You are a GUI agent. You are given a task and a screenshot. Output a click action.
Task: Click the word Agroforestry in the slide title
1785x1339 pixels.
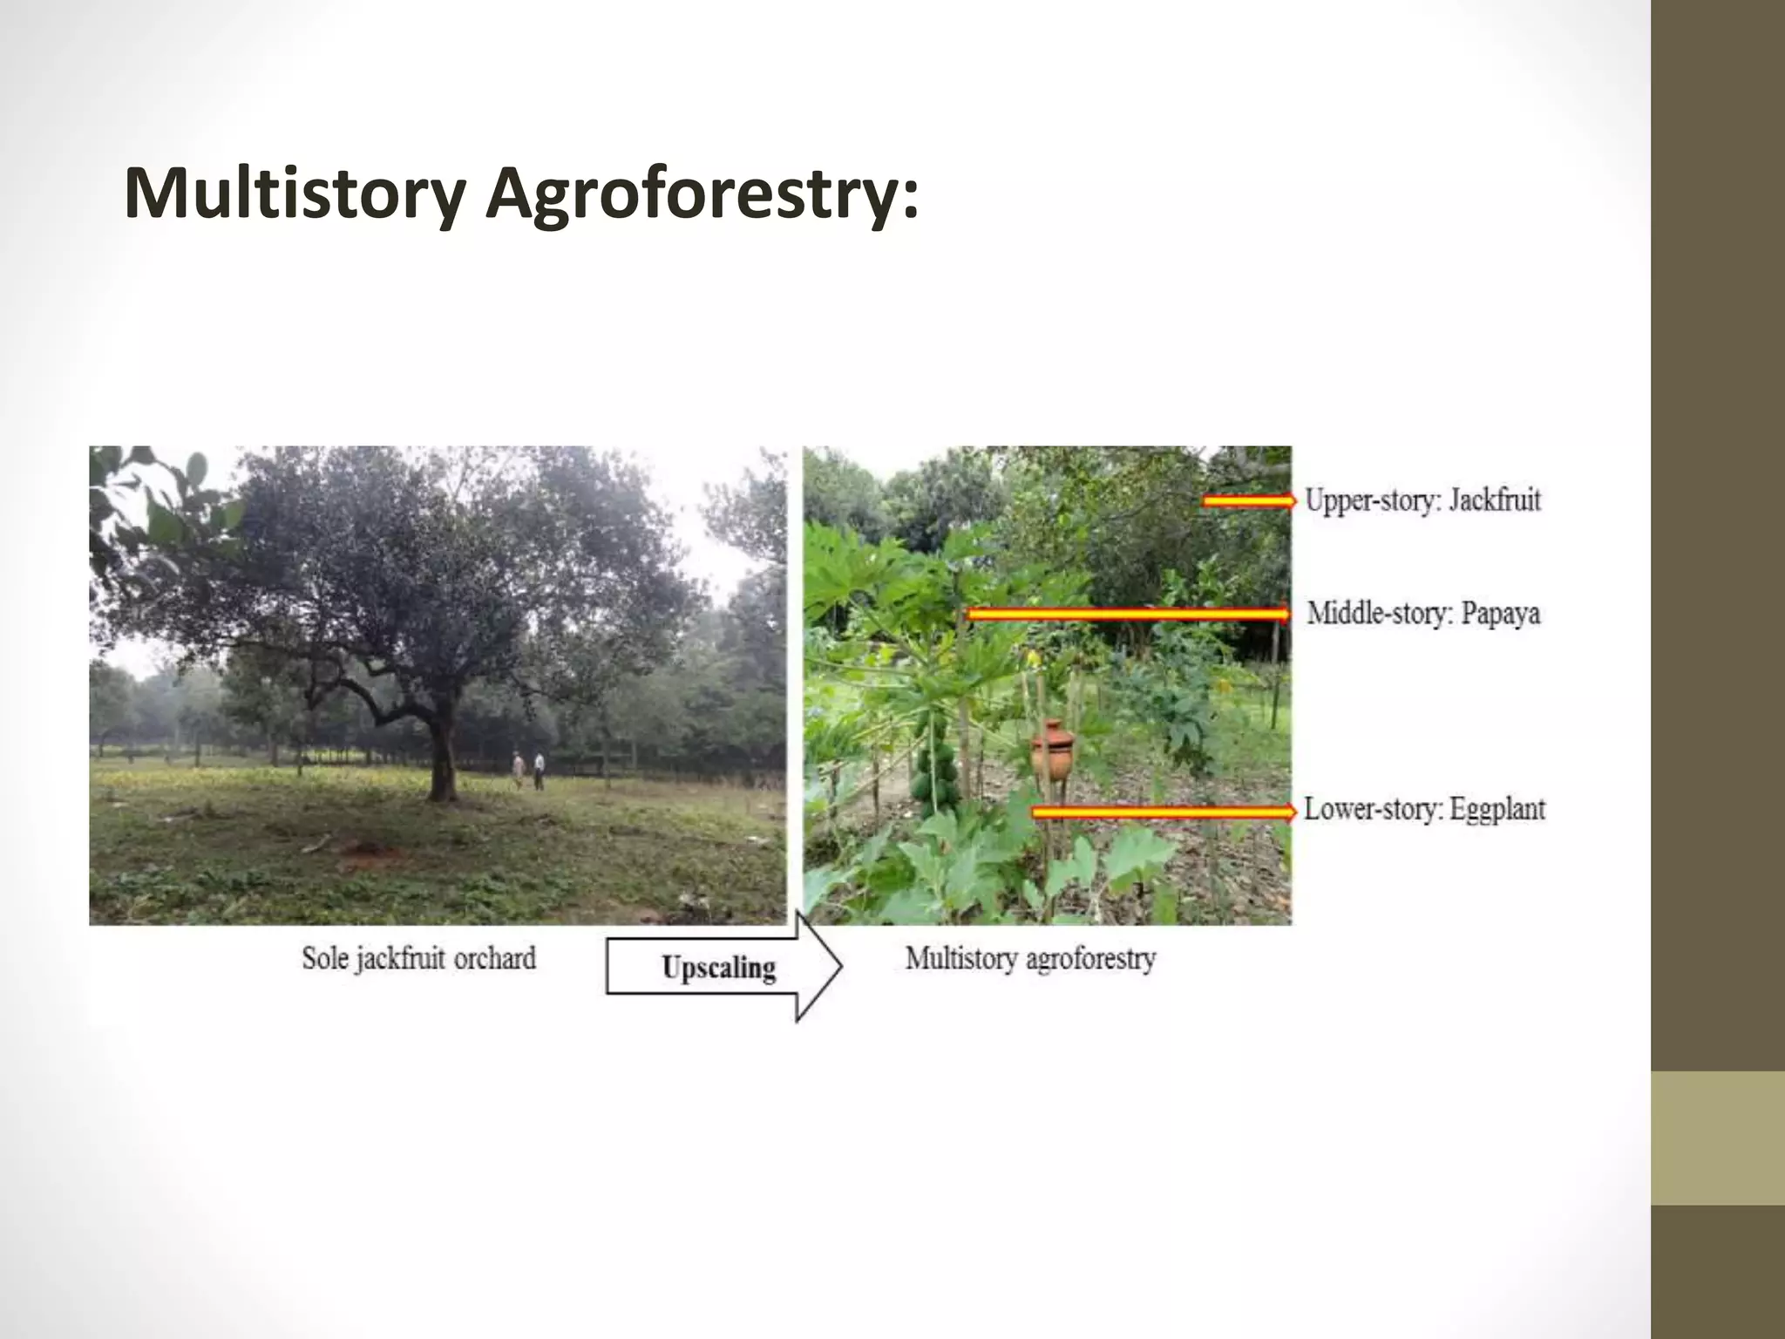702,194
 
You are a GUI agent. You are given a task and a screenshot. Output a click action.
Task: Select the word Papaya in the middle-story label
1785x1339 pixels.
1500,613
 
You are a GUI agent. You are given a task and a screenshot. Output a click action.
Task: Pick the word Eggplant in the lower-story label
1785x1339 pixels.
1497,810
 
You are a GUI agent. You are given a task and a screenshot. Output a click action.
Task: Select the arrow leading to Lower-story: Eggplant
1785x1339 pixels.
1164,812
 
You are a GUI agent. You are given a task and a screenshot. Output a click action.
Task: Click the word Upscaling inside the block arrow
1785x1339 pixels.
718,968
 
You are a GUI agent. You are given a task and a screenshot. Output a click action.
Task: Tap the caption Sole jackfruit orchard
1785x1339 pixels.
418,959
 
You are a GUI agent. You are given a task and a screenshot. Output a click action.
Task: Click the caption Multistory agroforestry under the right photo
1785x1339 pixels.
1030,959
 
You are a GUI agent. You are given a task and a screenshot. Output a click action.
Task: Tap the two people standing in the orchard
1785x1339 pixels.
528,770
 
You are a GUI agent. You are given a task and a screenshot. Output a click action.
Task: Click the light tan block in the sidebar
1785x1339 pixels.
1717,1138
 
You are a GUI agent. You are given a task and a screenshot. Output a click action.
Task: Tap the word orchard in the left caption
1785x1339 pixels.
494,959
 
